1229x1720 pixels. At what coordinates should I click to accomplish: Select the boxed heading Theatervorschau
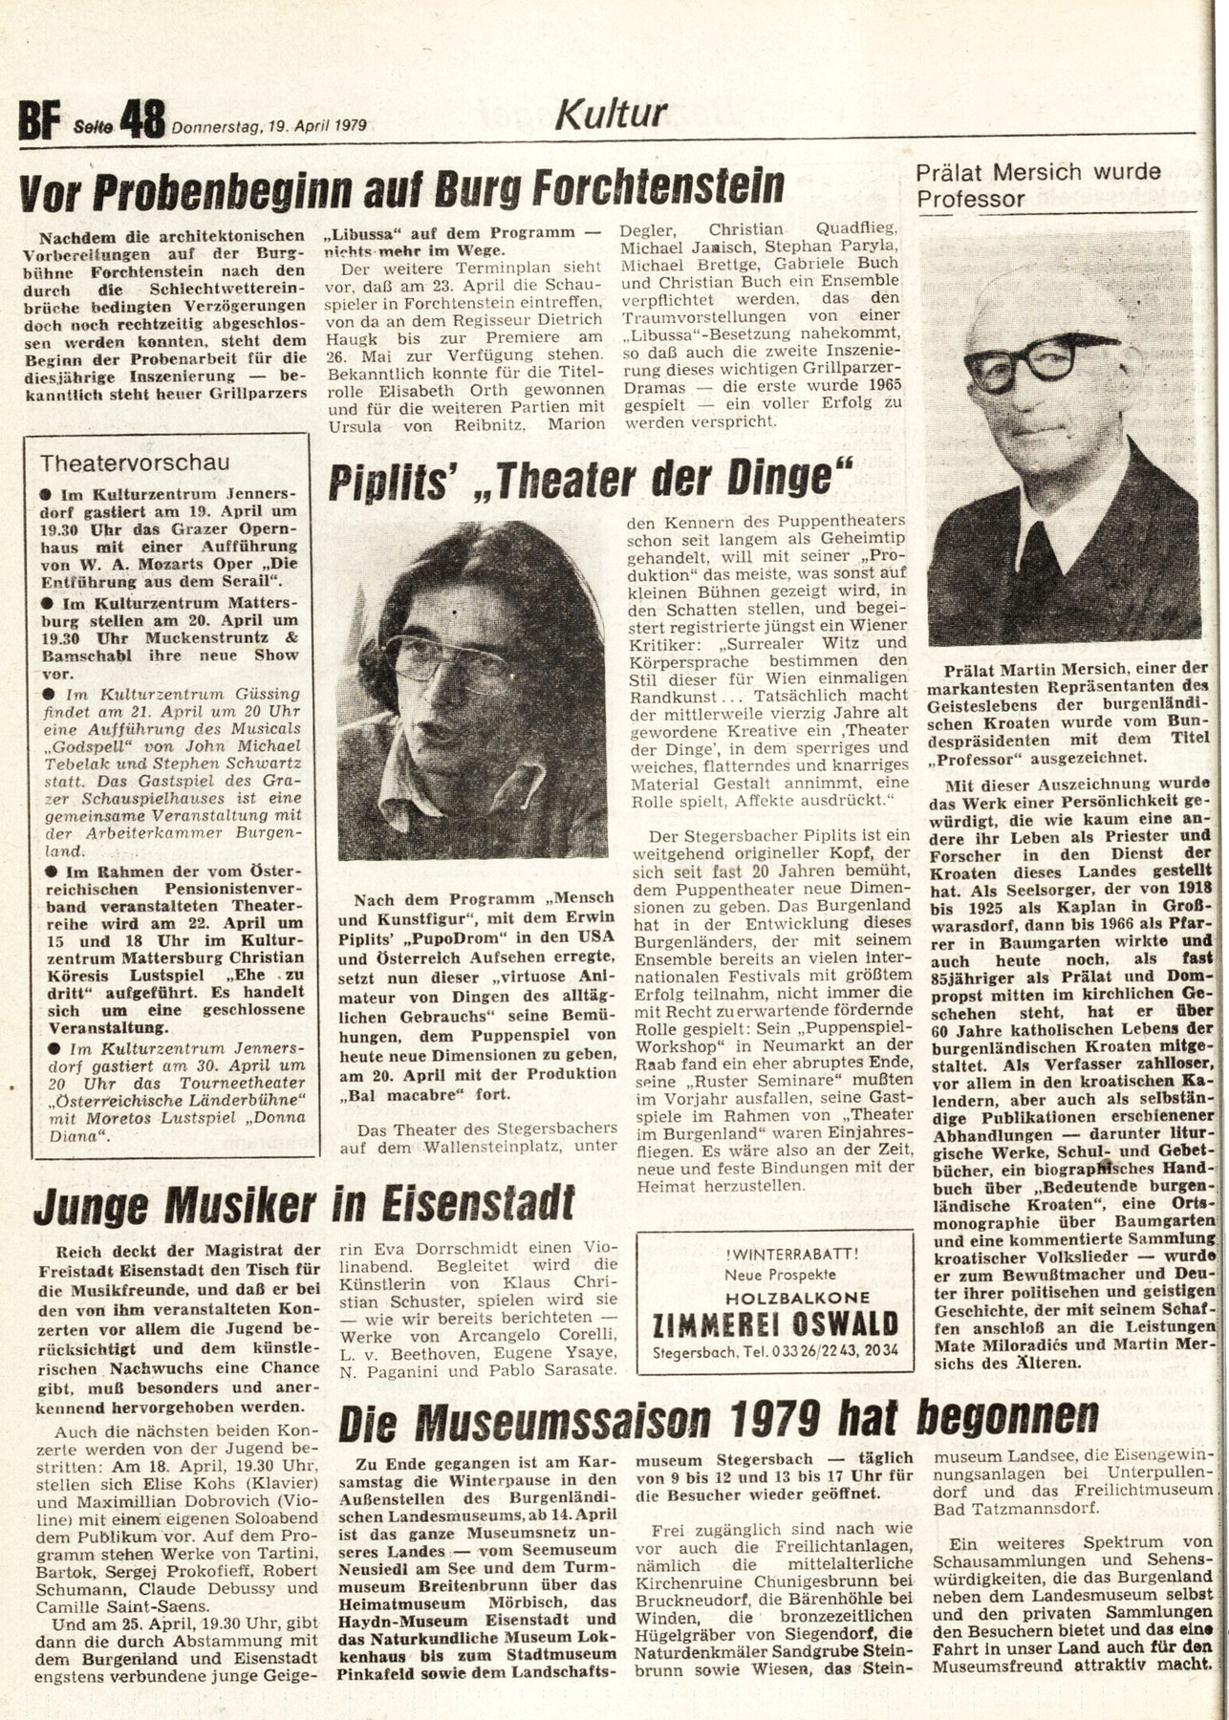pos(135,462)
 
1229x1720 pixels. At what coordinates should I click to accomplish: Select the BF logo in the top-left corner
pos(39,123)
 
